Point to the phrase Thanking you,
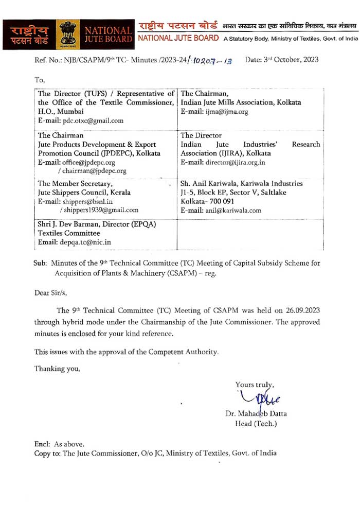(x=57, y=368)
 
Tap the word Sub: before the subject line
(x=40, y=263)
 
